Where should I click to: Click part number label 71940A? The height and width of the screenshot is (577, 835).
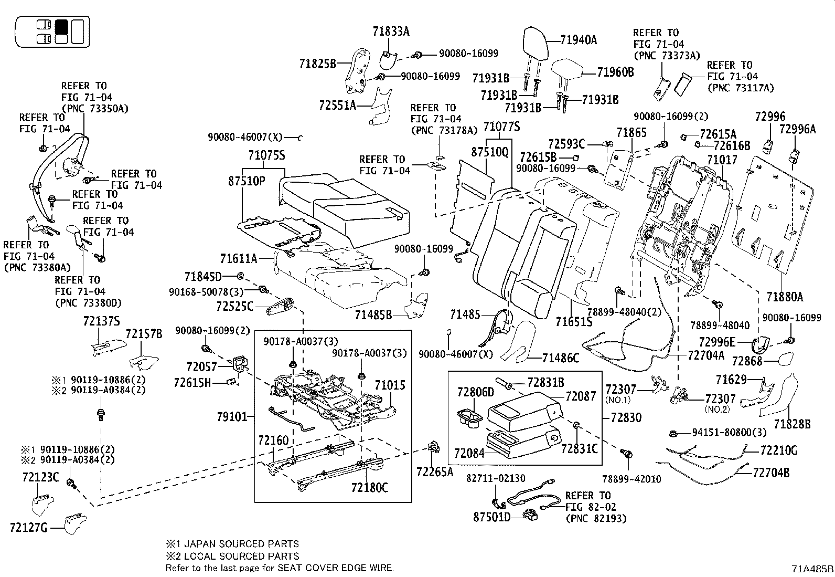[x=579, y=40]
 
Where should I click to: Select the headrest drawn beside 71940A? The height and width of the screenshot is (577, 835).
[x=536, y=44]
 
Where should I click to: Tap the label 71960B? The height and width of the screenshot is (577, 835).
[x=615, y=72]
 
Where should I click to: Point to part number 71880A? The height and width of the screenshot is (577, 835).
[x=784, y=297]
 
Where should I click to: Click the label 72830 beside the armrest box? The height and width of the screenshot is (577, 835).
[x=626, y=417]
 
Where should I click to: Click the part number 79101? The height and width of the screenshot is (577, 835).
[x=231, y=417]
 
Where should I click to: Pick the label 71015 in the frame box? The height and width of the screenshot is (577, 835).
[x=390, y=385]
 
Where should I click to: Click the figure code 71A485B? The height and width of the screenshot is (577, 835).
[x=812, y=569]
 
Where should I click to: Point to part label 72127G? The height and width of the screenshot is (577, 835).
[x=28, y=527]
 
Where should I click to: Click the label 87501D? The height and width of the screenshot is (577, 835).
[x=491, y=517]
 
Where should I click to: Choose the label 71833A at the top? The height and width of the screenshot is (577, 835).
[x=391, y=32]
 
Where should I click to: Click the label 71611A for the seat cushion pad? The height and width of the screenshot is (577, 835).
[x=239, y=258]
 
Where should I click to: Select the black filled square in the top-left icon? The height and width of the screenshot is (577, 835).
[x=62, y=26]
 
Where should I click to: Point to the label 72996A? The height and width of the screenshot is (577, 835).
[x=797, y=129]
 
